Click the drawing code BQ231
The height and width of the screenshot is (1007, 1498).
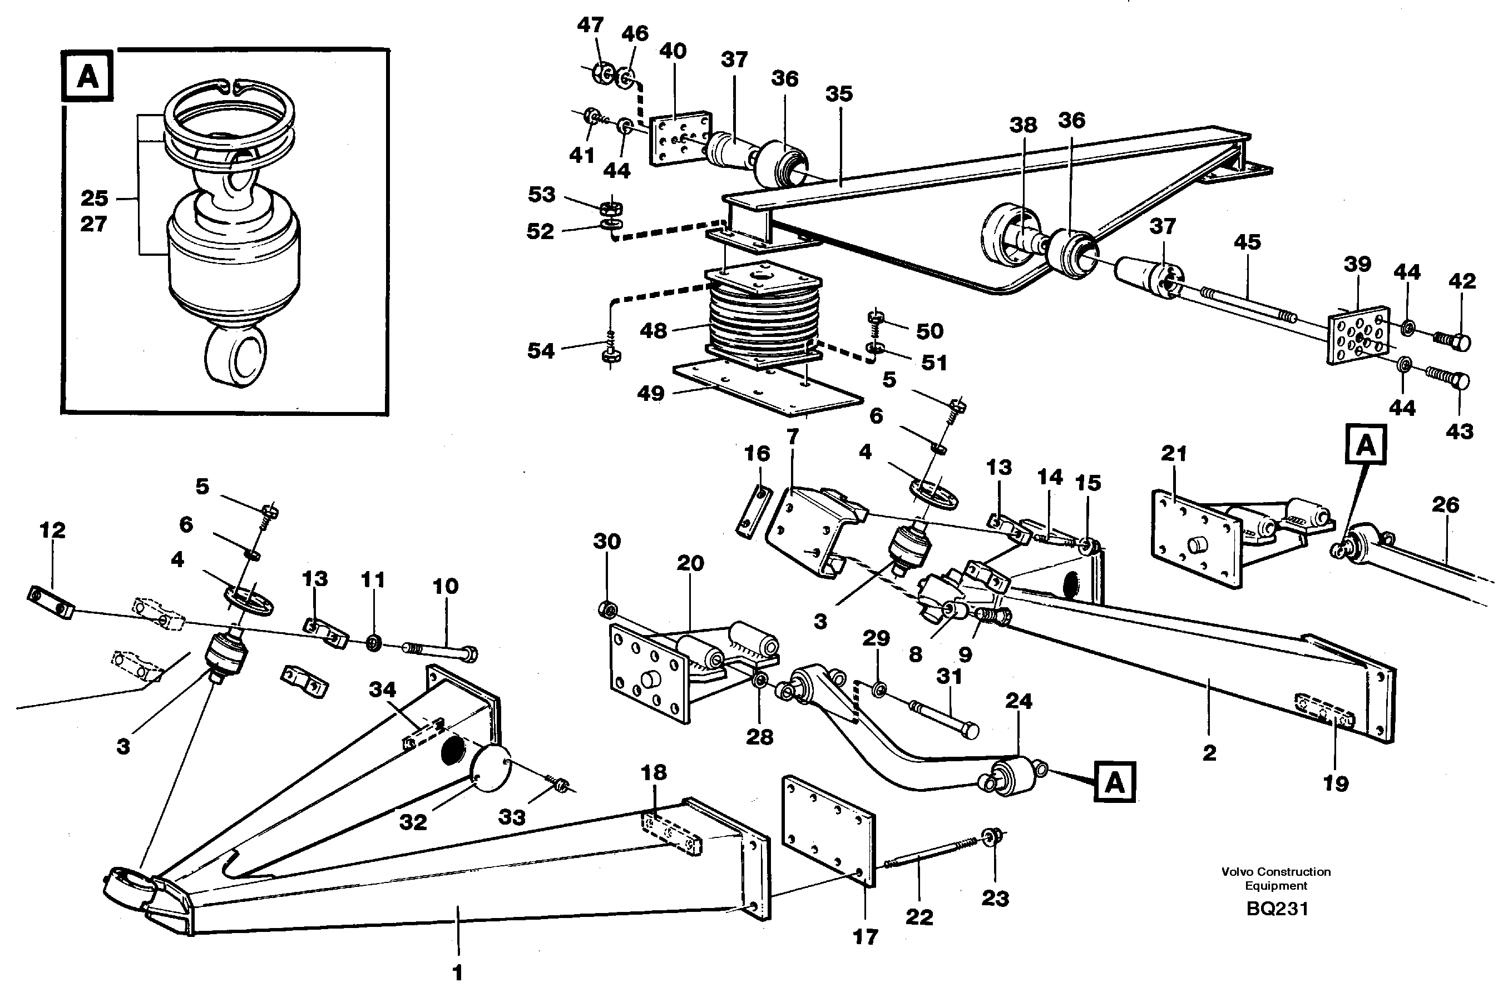1277,908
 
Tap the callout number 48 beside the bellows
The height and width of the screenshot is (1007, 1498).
653,331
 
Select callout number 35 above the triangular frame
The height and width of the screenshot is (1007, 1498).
838,94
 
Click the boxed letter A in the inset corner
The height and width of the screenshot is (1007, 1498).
88,78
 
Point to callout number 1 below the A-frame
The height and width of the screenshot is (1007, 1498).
457,973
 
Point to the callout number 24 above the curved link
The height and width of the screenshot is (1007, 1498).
1018,701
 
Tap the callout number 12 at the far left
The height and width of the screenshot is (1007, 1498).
52,530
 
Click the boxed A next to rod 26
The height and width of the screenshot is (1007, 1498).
1366,444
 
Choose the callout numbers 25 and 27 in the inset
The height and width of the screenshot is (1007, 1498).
94,211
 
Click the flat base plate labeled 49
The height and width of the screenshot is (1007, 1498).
768,392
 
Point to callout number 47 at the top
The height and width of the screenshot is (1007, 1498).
590,25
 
